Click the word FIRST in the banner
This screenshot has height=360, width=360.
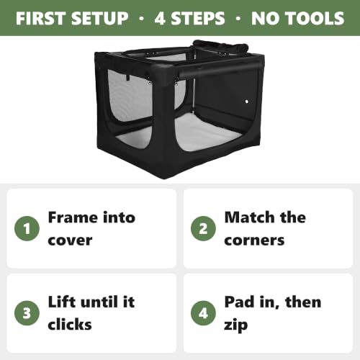[40, 19]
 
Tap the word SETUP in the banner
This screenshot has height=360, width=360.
[100, 19]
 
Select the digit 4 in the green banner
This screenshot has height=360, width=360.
[161, 19]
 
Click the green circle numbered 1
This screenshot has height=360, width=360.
[27, 228]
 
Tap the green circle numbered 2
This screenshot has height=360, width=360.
[203, 228]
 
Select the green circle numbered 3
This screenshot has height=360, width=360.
[27, 313]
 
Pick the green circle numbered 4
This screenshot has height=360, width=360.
[203, 313]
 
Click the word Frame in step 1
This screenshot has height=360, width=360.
[73, 217]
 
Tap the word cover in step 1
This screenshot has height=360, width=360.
[70, 240]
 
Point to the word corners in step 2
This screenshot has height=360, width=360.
[254, 240]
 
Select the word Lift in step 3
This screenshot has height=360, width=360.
[62, 302]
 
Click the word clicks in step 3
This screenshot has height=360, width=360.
[70, 324]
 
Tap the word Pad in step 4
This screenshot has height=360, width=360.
[240, 302]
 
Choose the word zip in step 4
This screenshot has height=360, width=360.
[235, 325]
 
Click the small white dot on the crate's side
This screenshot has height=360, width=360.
[247, 102]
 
